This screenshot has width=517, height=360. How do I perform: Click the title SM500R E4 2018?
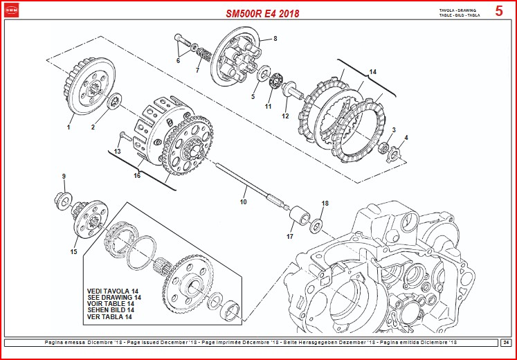(x=262, y=12)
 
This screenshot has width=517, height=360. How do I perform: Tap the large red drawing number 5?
(x=499, y=11)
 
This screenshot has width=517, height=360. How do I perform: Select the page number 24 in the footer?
(x=506, y=342)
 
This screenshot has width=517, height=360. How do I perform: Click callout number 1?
(x=69, y=127)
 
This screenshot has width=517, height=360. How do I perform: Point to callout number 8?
(x=275, y=39)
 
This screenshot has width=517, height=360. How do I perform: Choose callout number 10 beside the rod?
(x=243, y=202)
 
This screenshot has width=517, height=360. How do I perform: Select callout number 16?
(x=137, y=176)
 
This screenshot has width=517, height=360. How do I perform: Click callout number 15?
(x=73, y=252)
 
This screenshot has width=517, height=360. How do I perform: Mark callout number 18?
(x=325, y=204)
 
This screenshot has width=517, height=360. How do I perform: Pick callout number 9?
(x=64, y=177)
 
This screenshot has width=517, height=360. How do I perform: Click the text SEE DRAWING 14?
(x=114, y=297)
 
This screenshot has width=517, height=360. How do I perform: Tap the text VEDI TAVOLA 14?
(x=113, y=291)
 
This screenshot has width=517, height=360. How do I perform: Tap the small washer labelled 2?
(x=114, y=101)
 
